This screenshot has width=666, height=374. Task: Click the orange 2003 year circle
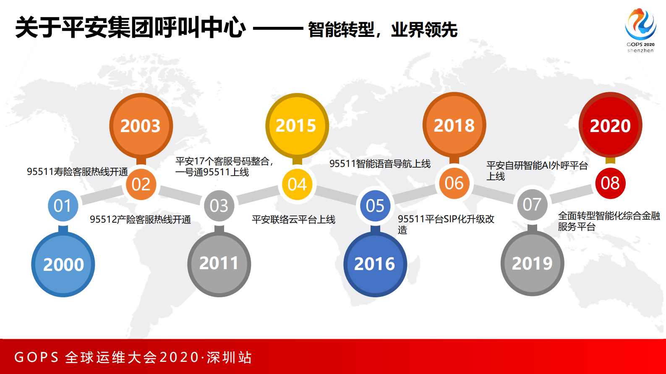point(141,125)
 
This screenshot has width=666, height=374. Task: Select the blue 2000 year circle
point(63,264)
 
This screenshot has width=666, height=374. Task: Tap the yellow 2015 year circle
point(297,125)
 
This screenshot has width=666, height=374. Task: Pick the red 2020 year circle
point(610,125)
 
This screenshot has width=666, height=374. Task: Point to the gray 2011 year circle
point(219,264)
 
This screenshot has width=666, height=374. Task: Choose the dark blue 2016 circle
point(375,264)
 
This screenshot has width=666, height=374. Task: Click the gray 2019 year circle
point(532,263)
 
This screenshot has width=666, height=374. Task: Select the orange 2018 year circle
point(454,125)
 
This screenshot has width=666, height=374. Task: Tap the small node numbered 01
point(63,205)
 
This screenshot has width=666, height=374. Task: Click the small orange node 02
point(141,184)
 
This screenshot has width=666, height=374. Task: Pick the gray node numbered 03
point(219,205)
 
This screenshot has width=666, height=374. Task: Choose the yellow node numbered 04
point(297,184)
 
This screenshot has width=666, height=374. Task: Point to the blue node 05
point(375,205)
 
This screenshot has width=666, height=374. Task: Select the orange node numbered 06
point(454,183)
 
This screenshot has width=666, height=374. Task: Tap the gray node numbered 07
point(532,205)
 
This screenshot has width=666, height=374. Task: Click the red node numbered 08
point(610,183)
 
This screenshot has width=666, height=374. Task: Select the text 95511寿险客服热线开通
point(77,171)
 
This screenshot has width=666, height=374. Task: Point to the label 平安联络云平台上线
point(293,219)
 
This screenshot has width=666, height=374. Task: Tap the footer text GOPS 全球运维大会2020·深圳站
point(133,357)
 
